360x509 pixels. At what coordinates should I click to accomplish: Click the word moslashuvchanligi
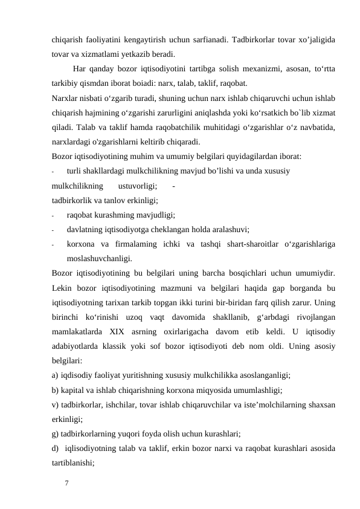point(100,258)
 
